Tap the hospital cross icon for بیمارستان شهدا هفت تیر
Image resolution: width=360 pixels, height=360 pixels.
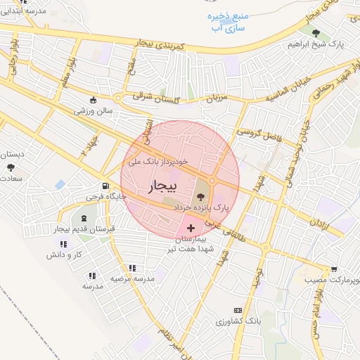(191, 229)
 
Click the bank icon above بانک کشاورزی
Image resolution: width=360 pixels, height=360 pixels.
(238, 309)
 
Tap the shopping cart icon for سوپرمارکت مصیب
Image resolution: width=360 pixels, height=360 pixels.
(334, 269)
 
